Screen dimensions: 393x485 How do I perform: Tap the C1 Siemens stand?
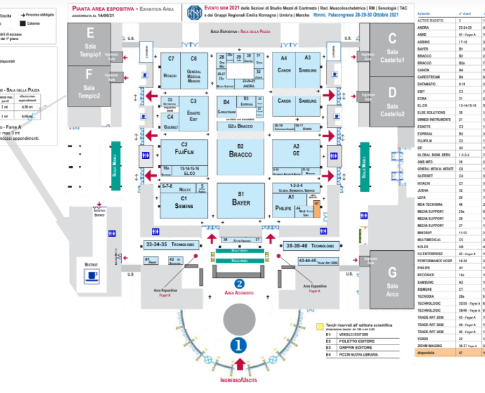(184, 204)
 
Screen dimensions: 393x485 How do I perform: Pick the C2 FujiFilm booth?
(184, 151)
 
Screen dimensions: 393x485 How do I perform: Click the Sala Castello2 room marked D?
(392, 102)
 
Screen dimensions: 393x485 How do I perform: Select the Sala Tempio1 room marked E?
(90, 45)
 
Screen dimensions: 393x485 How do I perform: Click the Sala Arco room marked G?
(392, 281)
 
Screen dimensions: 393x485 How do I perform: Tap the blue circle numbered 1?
(239, 345)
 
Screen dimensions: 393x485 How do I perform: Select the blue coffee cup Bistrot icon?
(93, 276)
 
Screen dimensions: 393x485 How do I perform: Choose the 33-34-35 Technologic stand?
(170, 245)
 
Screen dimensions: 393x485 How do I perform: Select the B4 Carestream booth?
(227, 105)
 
